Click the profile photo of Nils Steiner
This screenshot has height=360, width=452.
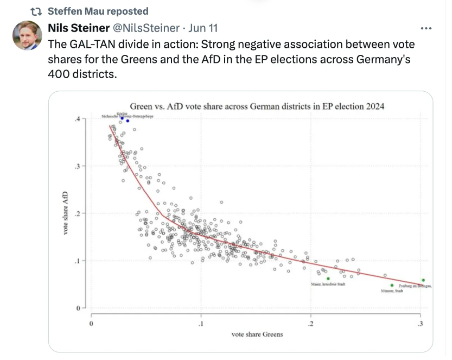pos(27,36)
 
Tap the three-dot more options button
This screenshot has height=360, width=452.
pos(426,28)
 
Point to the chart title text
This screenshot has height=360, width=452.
pos(257,106)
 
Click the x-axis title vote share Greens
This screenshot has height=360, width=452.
pos(257,334)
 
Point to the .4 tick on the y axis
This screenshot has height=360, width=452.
pos(78,118)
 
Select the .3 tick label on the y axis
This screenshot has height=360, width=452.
pos(78,166)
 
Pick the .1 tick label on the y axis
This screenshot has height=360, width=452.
pos(78,261)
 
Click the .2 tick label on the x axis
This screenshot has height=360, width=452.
pos(311,324)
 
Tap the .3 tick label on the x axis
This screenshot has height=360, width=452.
pos(421,324)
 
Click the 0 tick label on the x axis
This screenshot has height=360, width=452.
pos(91,324)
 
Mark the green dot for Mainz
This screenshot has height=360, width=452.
pos(328,279)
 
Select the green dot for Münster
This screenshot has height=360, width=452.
pos(392,286)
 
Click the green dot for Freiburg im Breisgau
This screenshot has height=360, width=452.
pos(423,280)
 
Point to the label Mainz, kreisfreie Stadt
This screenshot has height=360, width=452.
pos(328,285)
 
